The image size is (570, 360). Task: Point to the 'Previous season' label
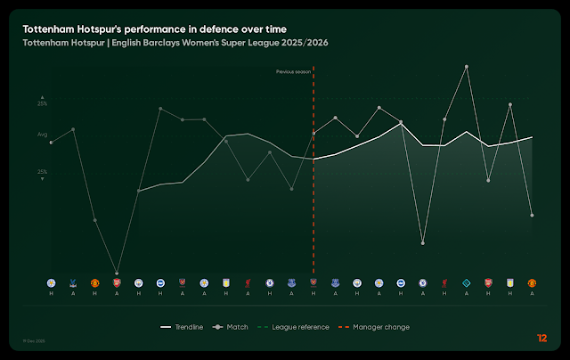click(x=294, y=71)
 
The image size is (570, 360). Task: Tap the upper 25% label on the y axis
click(x=42, y=104)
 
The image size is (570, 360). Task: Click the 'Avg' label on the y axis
click(x=42, y=135)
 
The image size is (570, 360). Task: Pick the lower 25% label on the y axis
click(x=42, y=171)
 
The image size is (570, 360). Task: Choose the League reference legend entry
click(x=294, y=327)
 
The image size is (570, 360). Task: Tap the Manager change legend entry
click(x=374, y=327)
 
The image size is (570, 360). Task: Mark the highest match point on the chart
click(x=466, y=67)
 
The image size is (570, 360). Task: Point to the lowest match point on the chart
click(x=117, y=273)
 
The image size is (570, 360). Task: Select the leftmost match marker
click(x=52, y=143)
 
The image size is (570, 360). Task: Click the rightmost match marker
click(x=532, y=215)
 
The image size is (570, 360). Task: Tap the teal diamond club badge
click(x=466, y=282)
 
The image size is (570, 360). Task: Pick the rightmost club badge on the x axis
click(x=532, y=282)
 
